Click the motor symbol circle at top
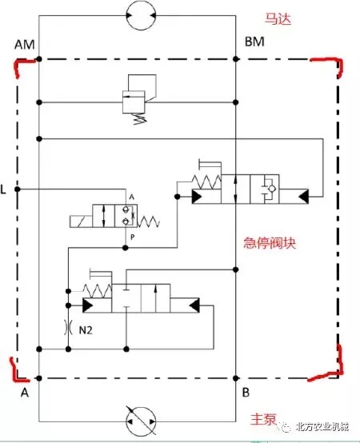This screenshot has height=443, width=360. [x=141, y=15]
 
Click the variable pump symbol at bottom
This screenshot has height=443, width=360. [x=141, y=421]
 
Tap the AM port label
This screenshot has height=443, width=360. [x=25, y=45]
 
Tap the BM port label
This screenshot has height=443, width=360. [x=254, y=42]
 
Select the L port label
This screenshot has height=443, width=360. [x=3, y=190]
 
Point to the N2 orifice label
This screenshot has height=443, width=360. [x=86, y=329]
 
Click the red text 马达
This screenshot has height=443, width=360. [x=278, y=19]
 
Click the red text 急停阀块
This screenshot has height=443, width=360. [x=270, y=243]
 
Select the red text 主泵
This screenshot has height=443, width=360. [x=263, y=419]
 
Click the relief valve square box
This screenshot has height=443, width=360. [x=134, y=102]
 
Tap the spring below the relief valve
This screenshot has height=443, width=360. [x=139, y=118]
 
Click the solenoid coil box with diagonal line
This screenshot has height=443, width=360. [x=81, y=221]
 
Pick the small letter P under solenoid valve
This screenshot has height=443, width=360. [x=133, y=237]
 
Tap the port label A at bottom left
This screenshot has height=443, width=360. [x=25, y=393]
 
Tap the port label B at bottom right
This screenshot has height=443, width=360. [x=246, y=393]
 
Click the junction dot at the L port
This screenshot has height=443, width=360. [x=18, y=189]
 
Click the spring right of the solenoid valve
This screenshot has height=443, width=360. [x=149, y=221]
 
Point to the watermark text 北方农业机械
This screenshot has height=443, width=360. [x=322, y=427]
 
